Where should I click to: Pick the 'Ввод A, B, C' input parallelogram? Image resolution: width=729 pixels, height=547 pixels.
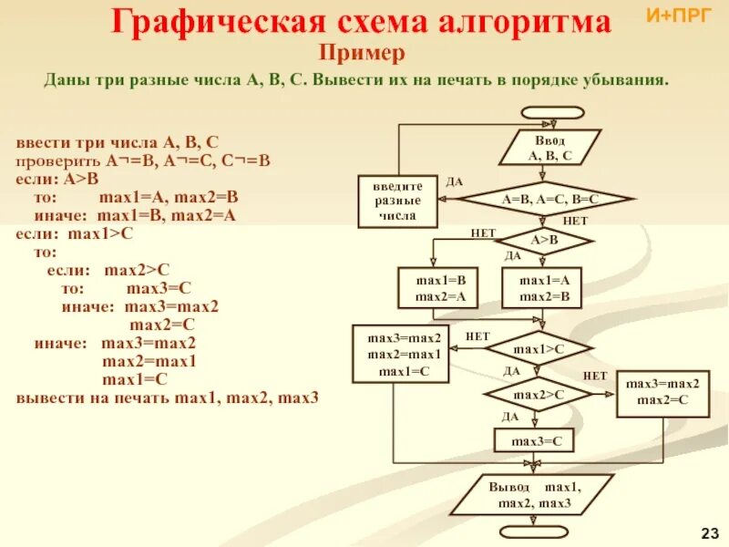tap(549, 149)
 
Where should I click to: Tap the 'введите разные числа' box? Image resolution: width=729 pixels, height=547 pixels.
tap(397, 201)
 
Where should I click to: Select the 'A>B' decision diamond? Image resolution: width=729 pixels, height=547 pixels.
tap(544, 240)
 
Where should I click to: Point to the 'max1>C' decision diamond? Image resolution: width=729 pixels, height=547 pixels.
tap(538, 348)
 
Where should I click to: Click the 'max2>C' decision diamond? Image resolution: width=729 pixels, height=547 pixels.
tap(538, 394)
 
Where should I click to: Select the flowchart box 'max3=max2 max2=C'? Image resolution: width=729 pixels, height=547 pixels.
tap(662, 393)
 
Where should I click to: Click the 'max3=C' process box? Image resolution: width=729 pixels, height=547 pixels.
tap(535, 441)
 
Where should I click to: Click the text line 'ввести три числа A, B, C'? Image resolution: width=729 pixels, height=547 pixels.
tap(117, 142)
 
